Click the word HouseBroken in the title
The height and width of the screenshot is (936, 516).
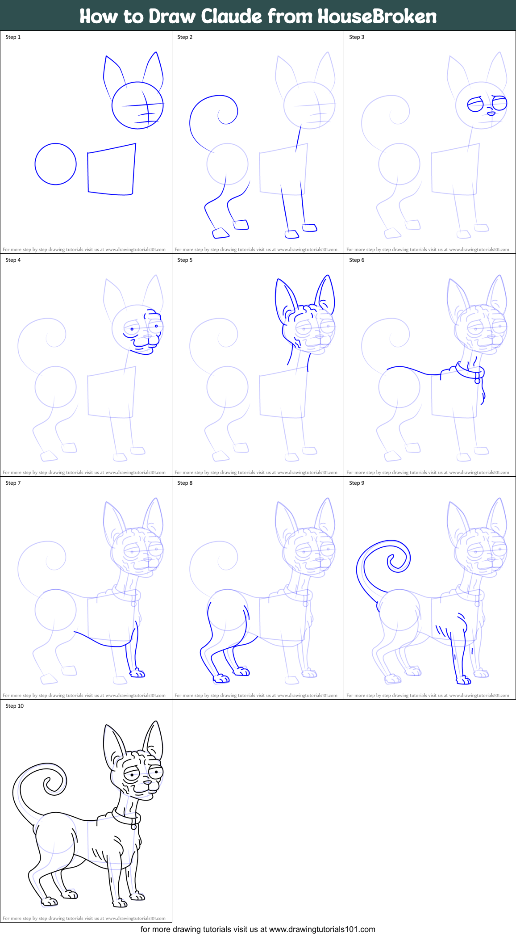(377, 17)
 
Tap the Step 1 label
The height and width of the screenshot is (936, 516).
(13, 37)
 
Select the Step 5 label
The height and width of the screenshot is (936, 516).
(185, 260)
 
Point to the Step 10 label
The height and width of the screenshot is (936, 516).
(15, 706)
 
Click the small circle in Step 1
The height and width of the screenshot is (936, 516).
(55, 164)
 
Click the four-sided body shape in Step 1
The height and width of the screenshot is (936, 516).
(111, 170)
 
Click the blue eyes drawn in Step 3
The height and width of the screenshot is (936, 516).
(487, 104)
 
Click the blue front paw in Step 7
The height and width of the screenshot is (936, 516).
(137, 673)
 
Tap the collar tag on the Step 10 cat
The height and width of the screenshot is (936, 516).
(133, 827)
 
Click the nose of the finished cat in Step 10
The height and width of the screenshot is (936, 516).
(147, 783)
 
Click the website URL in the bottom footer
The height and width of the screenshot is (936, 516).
(322, 929)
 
